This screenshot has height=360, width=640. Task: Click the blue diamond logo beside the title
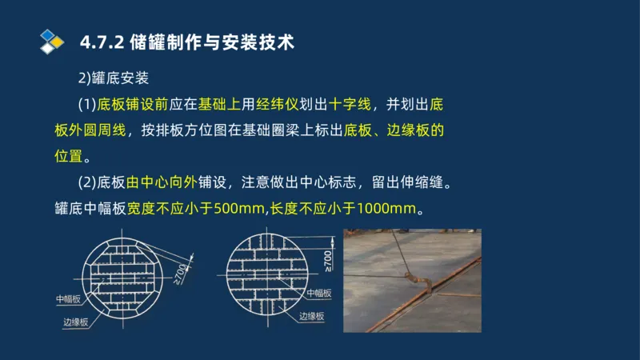[x=51, y=41]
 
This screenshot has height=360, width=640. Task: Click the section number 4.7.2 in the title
[x=102, y=42]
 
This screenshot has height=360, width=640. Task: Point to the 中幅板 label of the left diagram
[x=68, y=299]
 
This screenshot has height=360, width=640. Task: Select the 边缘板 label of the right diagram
[x=311, y=317]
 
